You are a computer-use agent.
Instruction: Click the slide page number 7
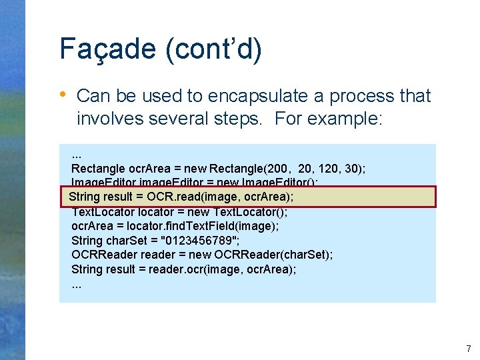tap(468, 349)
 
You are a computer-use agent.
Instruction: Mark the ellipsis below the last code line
tap(77, 284)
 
